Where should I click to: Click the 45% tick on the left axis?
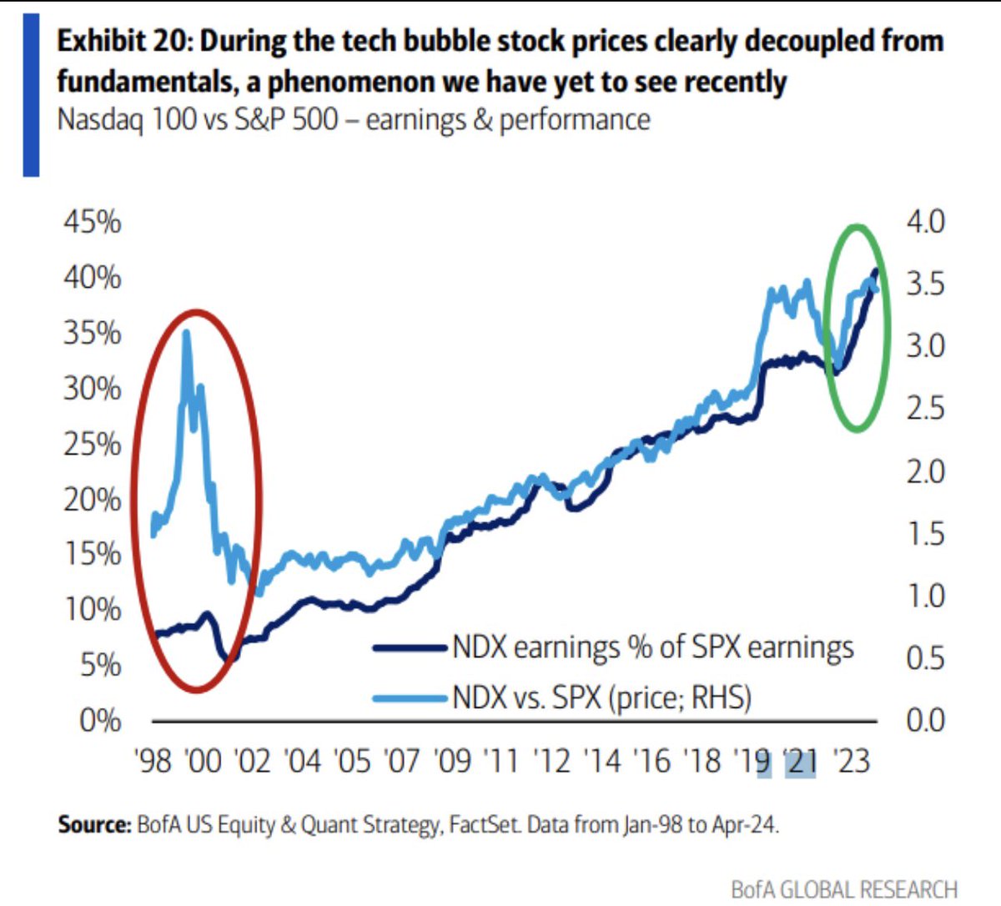tap(92, 222)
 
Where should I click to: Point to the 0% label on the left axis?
tap(100, 720)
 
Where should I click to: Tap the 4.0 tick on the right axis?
tap(926, 222)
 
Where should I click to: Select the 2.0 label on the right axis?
tap(926, 471)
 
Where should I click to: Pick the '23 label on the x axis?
tap(851, 761)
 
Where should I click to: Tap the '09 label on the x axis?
tap(452, 761)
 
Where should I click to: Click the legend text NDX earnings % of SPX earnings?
tap(653, 647)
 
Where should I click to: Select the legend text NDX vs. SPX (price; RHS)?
tap(601, 697)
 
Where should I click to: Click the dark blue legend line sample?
tap(410, 647)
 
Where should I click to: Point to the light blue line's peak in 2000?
tap(185, 332)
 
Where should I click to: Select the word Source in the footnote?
tap(93, 825)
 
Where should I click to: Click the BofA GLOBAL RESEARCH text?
tap(843, 889)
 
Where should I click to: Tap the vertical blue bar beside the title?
tap(31, 93)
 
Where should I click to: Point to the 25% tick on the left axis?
tap(92, 444)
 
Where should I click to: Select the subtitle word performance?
tap(575, 119)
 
